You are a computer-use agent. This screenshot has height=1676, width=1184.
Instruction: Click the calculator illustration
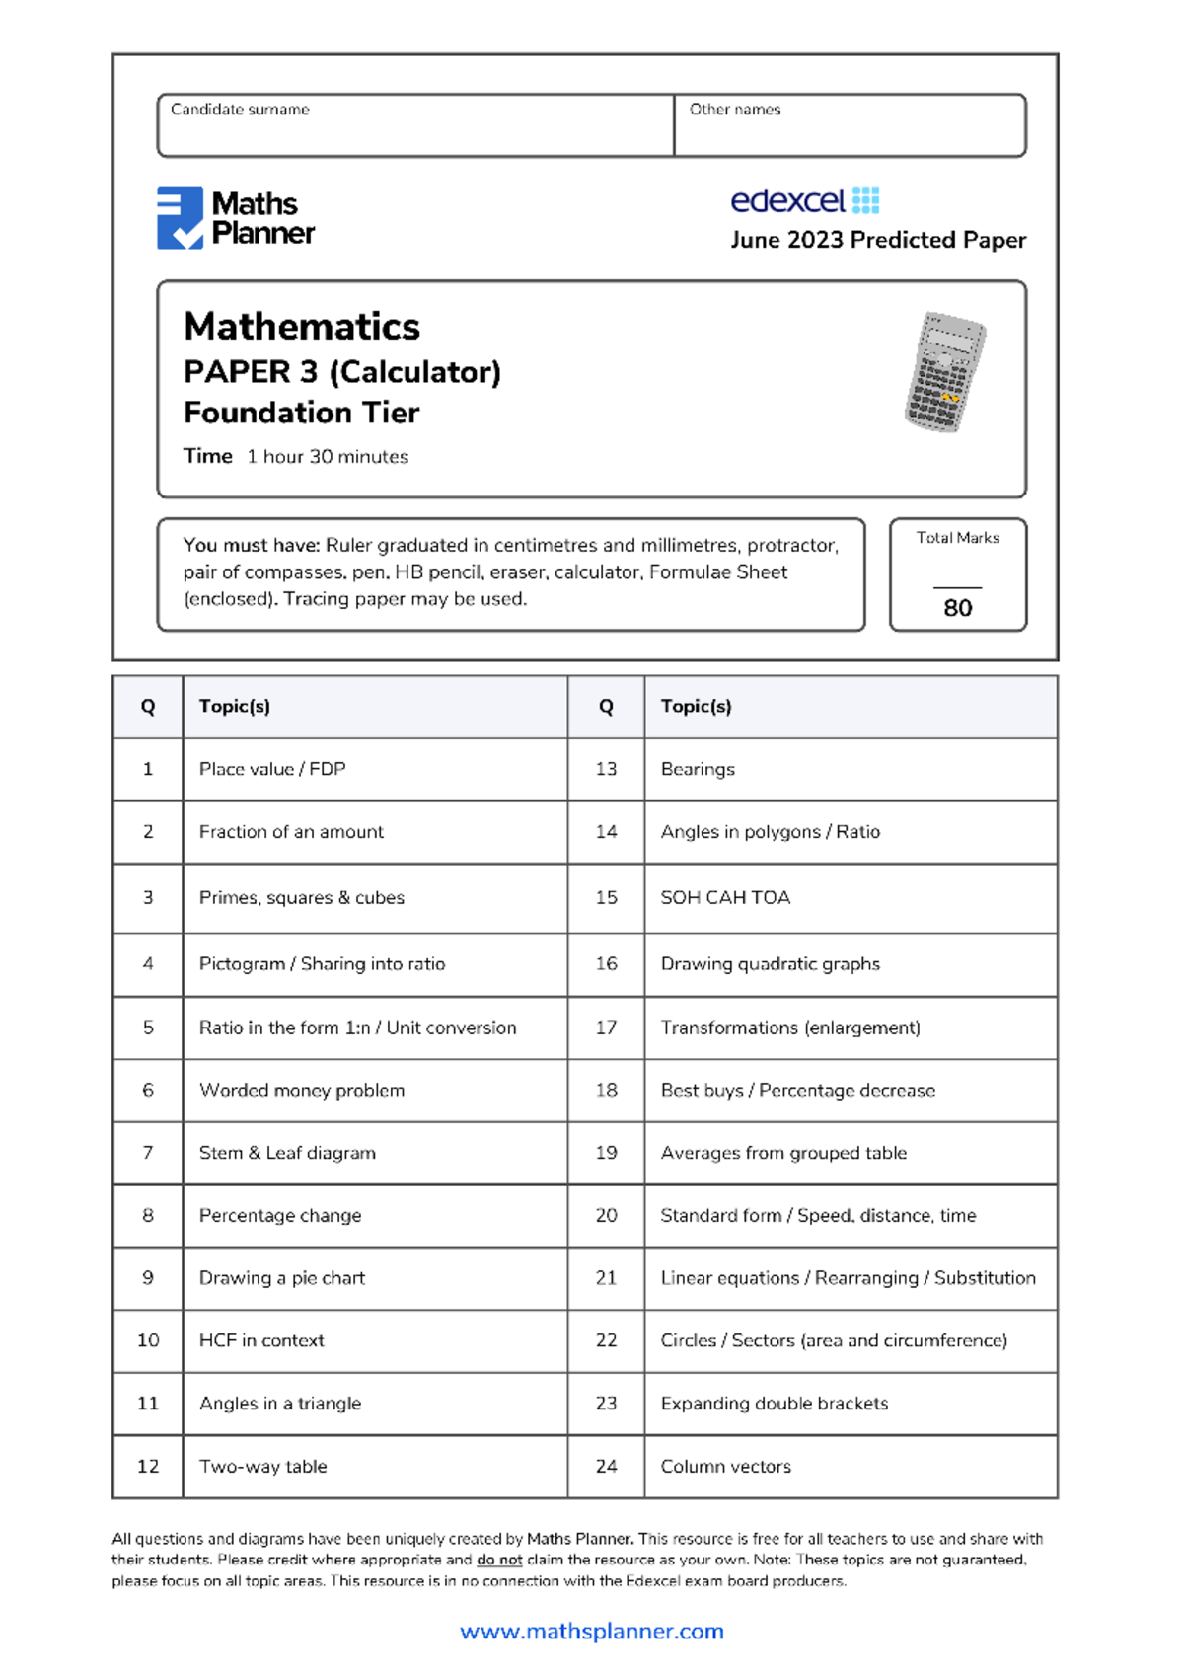pyautogui.click(x=945, y=372)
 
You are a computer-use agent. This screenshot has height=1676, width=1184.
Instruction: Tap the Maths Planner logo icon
pyautogui.click(x=180, y=217)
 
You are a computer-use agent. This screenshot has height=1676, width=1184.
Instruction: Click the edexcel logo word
pyautogui.click(x=787, y=201)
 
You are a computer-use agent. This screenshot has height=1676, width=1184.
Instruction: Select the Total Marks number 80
pyautogui.click(x=957, y=608)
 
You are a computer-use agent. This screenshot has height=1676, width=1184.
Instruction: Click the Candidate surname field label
pyautogui.click(x=240, y=110)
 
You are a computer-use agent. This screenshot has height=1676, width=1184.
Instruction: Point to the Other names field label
pyautogui.click(x=734, y=110)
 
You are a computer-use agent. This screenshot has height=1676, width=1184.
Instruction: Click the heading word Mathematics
pyautogui.click(x=302, y=327)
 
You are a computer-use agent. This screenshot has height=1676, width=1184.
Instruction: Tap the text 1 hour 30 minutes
pyautogui.click(x=328, y=457)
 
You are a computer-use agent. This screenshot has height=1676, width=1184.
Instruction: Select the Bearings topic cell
pyautogui.click(x=698, y=769)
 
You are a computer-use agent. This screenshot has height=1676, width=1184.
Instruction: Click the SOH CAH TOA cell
pyautogui.click(x=725, y=898)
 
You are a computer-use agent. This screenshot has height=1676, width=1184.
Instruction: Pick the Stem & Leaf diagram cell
pyautogui.click(x=287, y=1153)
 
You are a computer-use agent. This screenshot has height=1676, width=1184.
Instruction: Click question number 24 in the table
pyautogui.click(x=606, y=1467)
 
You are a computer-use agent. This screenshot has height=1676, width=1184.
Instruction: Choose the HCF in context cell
pyautogui.click(x=261, y=1340)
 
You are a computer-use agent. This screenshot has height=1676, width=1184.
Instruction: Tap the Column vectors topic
pyautogui.click(x=725, y=1467)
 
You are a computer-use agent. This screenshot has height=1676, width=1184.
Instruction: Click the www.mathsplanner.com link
pyautogui.click(x=592, y=1632)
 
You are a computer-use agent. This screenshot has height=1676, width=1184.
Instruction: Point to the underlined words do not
pyautogui.click(x=499, y=1561)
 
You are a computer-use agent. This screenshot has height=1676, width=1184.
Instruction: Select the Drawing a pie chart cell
pyautogui.click(x=282, y=1278)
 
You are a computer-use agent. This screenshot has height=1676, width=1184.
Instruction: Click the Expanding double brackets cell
pyautogui.click(x=774, y=1404)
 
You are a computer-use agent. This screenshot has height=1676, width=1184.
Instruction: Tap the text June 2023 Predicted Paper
pyautogui.click(x=878, y=240)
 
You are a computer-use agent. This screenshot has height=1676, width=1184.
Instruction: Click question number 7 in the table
pyautogui.click(x=148, y=1153)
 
